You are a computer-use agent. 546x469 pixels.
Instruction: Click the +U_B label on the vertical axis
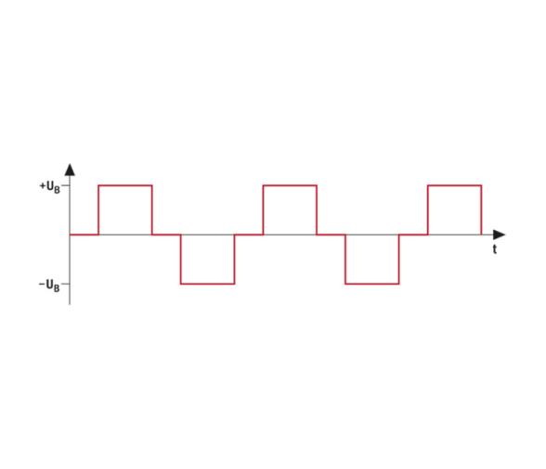[x=50, y=187]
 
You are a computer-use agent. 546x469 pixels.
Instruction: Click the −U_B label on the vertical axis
[x=49, y=285]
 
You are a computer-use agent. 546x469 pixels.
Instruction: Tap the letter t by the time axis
[x=494, y=249]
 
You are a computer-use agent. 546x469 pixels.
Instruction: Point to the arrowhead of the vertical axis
[x=70, y=170]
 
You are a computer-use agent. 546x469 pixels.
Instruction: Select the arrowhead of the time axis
[x=499, y=234]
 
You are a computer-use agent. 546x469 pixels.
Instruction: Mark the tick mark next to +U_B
[x=66, y=185]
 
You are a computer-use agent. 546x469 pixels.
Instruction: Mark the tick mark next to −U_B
[x=66, y=284]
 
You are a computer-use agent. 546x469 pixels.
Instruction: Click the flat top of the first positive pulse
[x=125, y=185]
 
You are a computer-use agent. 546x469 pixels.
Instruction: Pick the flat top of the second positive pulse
[x=290, y=185]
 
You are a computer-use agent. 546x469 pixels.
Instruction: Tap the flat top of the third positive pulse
[x=455, y=185]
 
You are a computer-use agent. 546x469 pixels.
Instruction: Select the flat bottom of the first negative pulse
[x=208, y=284]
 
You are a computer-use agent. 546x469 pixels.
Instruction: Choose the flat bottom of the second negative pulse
[x=372, y=284]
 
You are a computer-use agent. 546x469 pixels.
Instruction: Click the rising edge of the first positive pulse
[x=98, y=210]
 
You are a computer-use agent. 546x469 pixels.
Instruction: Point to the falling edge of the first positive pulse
[x=152, y=210]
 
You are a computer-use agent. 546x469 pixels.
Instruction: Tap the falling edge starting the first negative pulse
[x=181, y=260]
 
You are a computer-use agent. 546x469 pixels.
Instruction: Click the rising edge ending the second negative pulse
[x=399, y=260]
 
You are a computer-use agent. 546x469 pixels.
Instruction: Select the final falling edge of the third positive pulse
[x=482, y=210]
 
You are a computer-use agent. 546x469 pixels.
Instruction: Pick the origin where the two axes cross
[x=70, y=234]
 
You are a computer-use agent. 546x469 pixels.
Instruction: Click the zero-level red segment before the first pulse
[x=84, y=234]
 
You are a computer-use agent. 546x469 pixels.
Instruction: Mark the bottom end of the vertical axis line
[x=70, y=305]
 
